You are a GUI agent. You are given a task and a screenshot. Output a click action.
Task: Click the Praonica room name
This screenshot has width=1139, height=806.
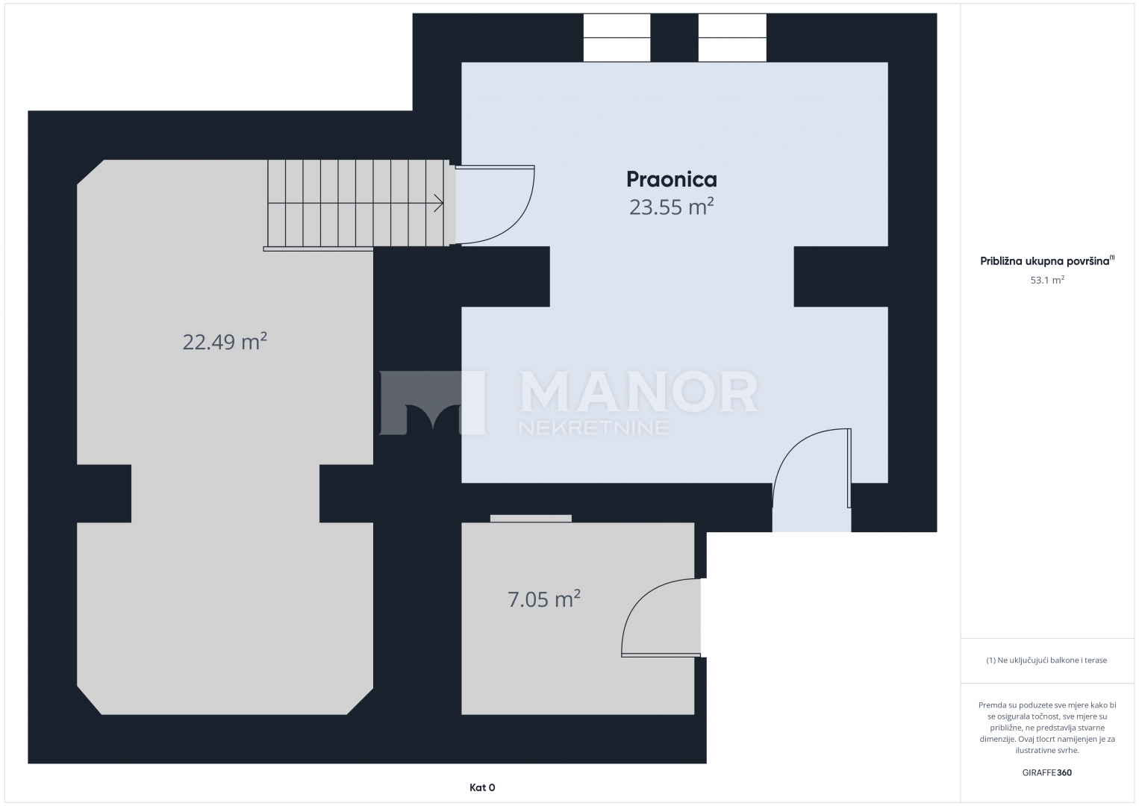[x=671, y=180]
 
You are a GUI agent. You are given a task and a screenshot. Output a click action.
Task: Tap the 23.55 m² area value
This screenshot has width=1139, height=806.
[x=671, y=207]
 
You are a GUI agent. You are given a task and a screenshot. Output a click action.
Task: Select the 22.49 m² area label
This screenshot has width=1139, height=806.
[x=225, y=341]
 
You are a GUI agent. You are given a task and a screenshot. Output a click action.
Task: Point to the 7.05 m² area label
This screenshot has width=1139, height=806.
[x=544, y=599]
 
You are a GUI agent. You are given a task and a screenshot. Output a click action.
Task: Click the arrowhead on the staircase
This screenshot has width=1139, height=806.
[x=439, y=203]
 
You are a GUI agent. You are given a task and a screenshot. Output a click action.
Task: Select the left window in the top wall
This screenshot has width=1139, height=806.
[x=617, y=37]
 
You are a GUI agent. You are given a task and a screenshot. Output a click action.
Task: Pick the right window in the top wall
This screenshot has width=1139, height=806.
[x=732, y=37]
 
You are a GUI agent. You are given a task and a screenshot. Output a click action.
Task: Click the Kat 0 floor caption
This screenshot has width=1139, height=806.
[x=482, y=787]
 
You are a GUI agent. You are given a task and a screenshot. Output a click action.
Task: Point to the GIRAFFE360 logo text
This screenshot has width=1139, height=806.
[x=1047, y=772]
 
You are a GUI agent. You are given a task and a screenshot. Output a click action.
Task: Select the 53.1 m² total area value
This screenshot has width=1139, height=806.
[x=1047, y=280]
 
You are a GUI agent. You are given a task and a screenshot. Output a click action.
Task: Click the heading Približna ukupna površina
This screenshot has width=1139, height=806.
[x=1047, y=261]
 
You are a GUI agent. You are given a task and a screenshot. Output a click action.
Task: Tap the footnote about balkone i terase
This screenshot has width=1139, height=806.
[x=1046, y=660]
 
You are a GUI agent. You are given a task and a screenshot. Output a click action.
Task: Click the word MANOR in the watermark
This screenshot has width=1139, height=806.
[x=639, y=392]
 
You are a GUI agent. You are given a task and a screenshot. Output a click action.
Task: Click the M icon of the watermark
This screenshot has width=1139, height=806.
[x=433, y=403]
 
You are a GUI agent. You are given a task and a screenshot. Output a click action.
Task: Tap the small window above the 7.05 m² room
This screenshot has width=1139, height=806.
[x=531, y=518]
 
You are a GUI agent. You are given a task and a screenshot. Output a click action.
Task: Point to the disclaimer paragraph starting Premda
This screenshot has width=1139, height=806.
[x=1047, y=728]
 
